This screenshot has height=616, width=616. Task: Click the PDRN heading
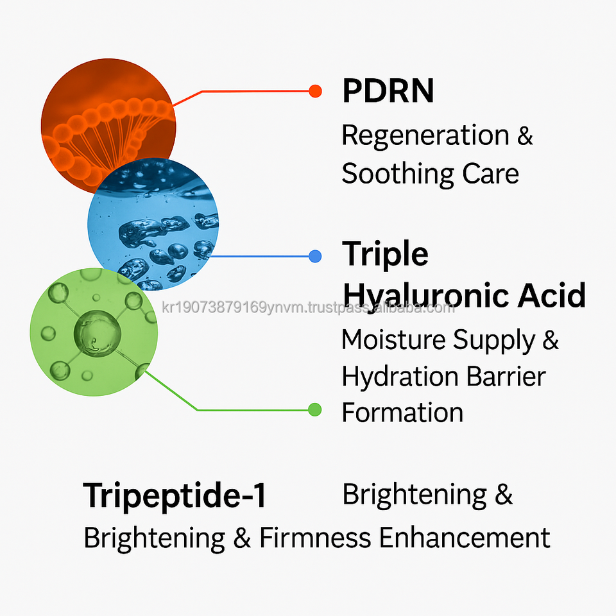coord(388,91)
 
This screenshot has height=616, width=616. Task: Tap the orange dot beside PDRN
coord(314,91)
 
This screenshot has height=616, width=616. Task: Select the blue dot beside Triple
coord(314,257)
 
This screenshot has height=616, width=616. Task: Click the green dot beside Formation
coord(314,409)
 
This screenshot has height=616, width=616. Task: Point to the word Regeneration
coord(425,136)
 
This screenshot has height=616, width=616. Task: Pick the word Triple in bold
coord(385,254)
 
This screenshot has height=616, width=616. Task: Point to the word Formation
coord(402,412)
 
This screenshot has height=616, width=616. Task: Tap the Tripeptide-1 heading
coord(175,496)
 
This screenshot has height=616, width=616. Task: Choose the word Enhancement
coord(465,538)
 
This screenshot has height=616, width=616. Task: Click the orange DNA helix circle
coord(108,122)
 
